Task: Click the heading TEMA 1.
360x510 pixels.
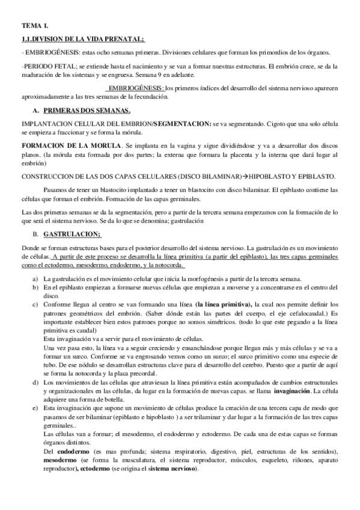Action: [x=34, y=26]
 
